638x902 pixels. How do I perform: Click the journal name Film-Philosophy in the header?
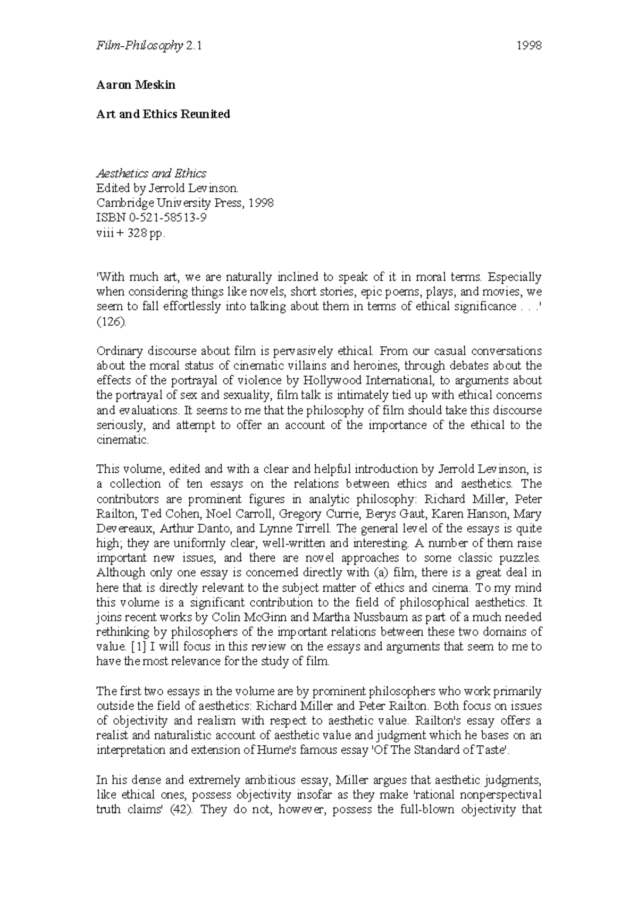pos(140,46)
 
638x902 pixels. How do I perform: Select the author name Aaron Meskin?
pos(136,84)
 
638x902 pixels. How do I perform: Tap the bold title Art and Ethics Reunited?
pos(163,114)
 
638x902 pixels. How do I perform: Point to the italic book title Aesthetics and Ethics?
pos(151,173)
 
